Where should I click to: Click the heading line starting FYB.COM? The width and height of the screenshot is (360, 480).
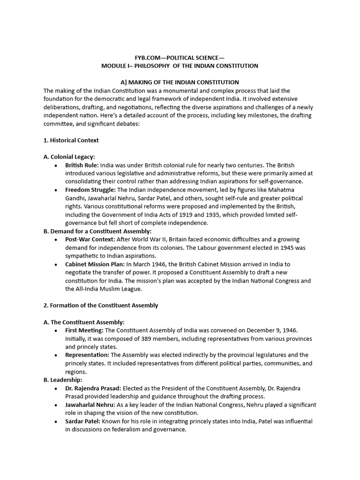[180, 58]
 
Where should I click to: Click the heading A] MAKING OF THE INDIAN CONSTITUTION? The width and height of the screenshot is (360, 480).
[180, 82]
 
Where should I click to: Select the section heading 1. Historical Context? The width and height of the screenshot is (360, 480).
[71, 140]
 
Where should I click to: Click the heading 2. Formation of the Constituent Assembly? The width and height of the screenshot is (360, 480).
[101, 305]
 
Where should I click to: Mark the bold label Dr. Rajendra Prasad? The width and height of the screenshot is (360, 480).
[94, 388]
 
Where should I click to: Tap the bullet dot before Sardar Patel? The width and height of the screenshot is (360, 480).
[57, 421]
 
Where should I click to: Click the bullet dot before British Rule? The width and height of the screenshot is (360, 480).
[57, 165]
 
